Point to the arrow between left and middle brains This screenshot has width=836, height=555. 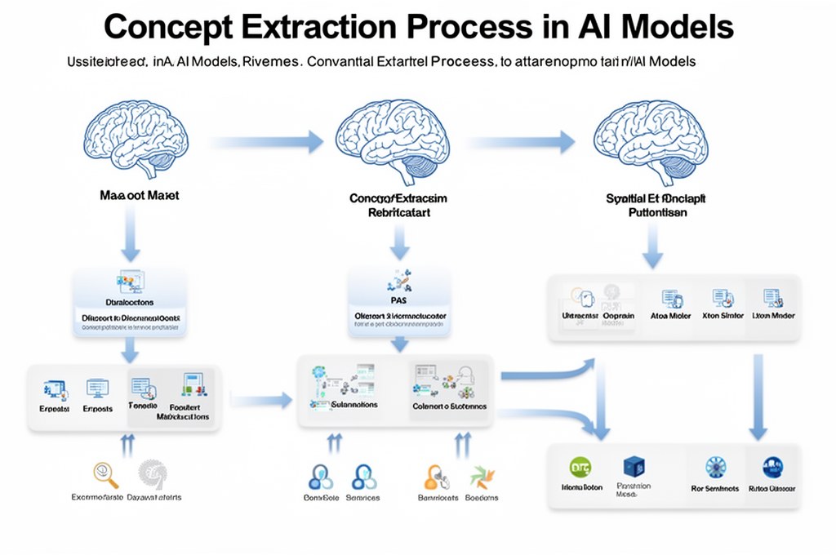pyautogui.click(x=269, y=142)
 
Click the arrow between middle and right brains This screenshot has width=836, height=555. pyautogui.click(x=522, y=142)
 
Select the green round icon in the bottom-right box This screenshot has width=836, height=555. pyautogui.click(x=581, y=467)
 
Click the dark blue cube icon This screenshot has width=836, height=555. pyautogui.click(x=634, y=467)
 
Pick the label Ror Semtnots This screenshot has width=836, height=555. pyautogui.click(x=714, y=488)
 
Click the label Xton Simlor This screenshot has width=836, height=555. pyautogui.click(x=723, y=315)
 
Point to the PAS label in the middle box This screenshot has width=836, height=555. pyautogui.click(x=398, y=300)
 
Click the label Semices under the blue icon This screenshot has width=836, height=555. pyautogui.click(x=362, y=497)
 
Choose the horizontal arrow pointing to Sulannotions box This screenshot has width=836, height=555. pyautogui.click(x=261, y=400)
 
